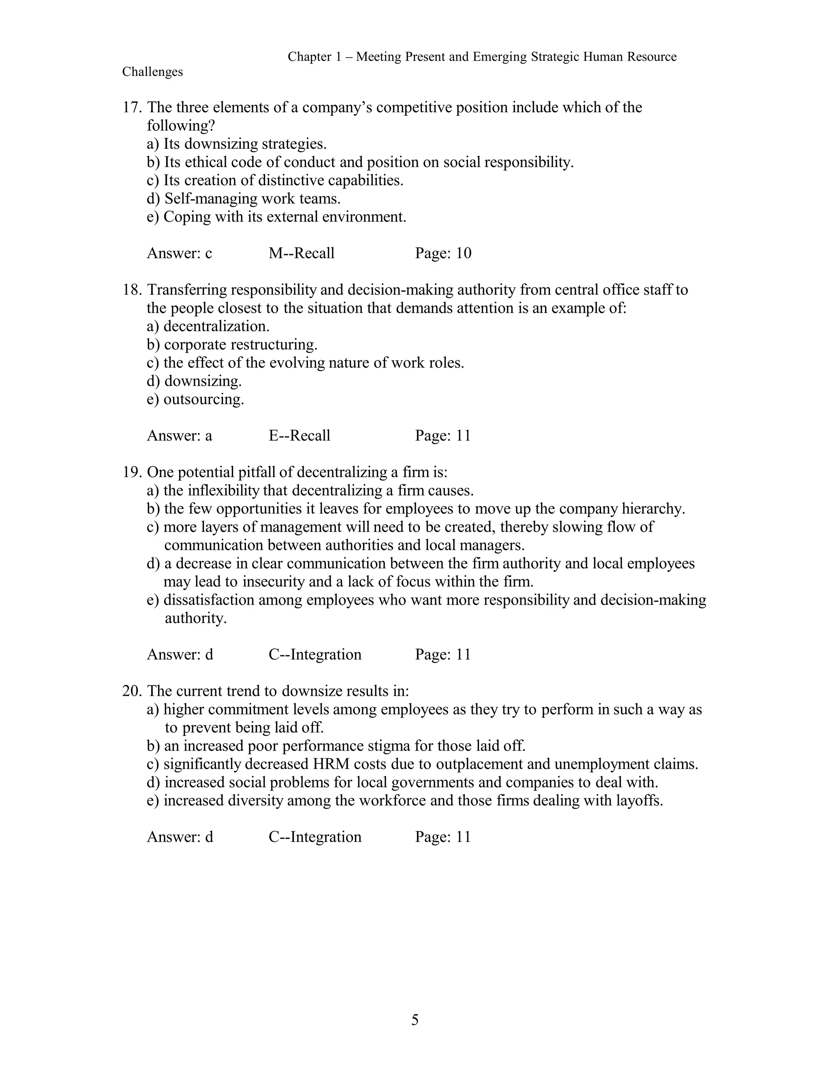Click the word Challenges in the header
click(x=152, y=72)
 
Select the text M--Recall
click(x=302, y=253)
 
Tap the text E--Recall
click(x=299, y=436)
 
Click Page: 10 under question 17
click(x=443, y=253)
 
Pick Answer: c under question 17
click(x=180, y=253)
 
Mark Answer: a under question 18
click(x=180, y=436)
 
